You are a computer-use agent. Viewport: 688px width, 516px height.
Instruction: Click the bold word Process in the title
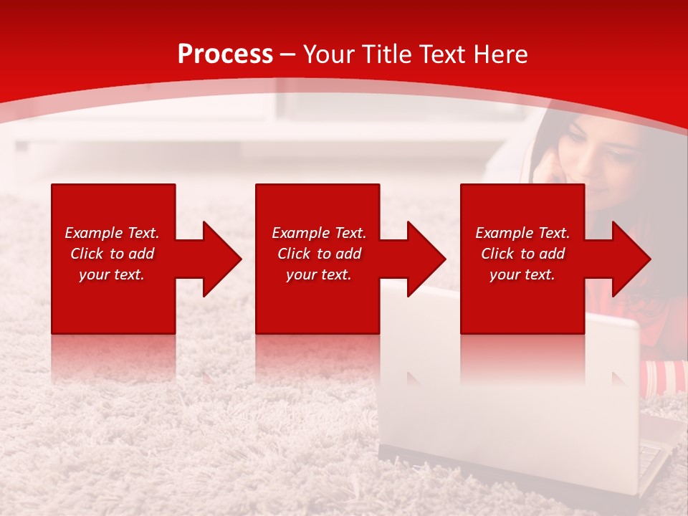(x=225, y=54)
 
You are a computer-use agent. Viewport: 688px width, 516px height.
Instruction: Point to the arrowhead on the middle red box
(x=425, y=259)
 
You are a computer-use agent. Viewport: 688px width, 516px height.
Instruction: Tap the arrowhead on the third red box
(x=630, y=259)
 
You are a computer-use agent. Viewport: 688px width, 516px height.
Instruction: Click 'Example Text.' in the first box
(x=112, y=233)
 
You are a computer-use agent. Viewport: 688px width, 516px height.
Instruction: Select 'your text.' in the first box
(x=112, y=274)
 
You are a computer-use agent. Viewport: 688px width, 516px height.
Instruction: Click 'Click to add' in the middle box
(x=319, y=254)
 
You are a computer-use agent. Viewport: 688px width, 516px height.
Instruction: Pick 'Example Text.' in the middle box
(x=319, y=233)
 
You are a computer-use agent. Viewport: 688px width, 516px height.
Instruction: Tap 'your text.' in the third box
(x=522, y=274)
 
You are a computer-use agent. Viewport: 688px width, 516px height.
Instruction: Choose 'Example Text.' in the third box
(x=522, y=233)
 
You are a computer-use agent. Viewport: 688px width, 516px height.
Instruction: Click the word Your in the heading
(x=329, y=54)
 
